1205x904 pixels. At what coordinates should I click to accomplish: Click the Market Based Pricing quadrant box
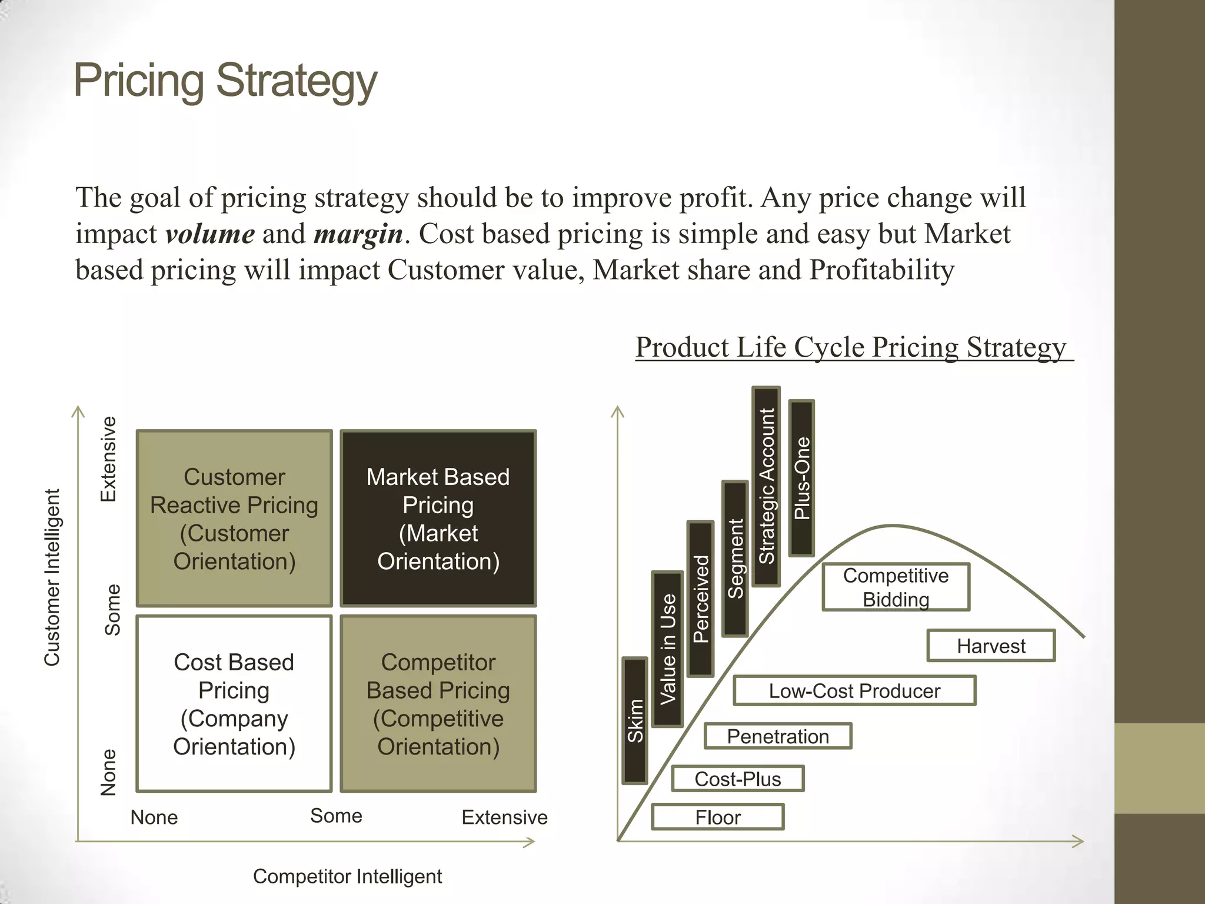(x=438, y=519)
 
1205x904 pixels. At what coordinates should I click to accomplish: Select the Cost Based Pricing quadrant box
(x=234, y=704)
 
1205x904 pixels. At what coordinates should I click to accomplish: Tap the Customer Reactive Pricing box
(x=234, y=519)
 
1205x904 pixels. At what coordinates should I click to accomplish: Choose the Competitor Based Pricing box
(x=438, y=704)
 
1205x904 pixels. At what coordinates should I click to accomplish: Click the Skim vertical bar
(x=635, y=721)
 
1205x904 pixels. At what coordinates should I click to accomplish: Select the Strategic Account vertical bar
(x=766, y=486)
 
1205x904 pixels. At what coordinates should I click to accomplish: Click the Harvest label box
(x=991, y=646)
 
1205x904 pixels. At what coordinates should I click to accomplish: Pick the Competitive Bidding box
(x=896, y=587)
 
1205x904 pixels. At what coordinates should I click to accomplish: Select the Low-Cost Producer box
(x=854, y=690)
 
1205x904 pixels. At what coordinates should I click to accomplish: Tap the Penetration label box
(x=778, y=736)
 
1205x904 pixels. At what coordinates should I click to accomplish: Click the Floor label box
(x=718, y=817)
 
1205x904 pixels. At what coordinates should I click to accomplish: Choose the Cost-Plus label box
(x=737, y=779)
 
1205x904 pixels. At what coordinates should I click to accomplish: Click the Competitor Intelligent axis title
(x=347, y=876)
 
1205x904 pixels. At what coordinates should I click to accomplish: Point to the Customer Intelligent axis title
(x=52, y=577)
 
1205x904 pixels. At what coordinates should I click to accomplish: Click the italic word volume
(x=210, y=234)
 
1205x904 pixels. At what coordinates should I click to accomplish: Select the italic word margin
(x=358, y=234)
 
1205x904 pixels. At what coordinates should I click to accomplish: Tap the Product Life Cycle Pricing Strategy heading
(x=851, y=347)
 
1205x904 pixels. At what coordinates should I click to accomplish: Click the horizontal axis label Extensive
(x=504, y=817)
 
